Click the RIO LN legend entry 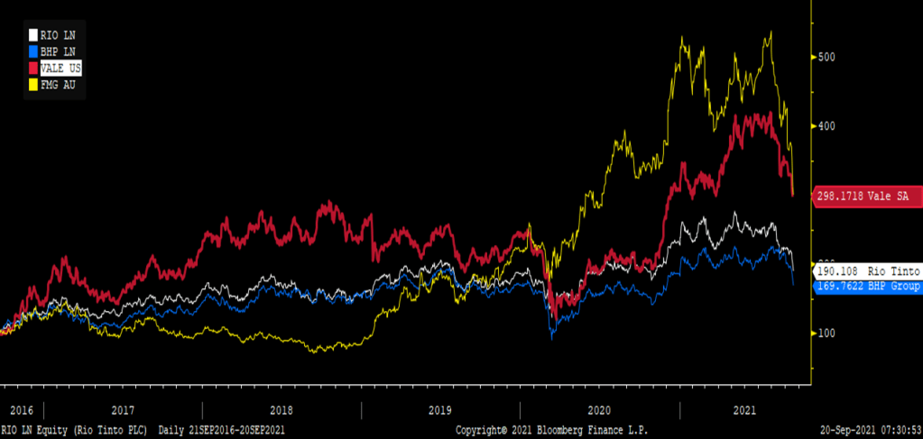coord(56,35)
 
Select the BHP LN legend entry coord(56,51)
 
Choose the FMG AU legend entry coord(56,85)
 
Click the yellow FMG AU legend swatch coord(32,85)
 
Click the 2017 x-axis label coord(123,408)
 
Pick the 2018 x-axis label coord(282,408)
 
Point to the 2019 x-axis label coord(440,408)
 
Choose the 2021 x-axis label coord(745,408)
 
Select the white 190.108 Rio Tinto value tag coord(867,270)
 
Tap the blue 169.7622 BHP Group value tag coord(867,287)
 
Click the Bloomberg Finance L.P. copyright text coord(551,430)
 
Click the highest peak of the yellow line coord(770,32)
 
